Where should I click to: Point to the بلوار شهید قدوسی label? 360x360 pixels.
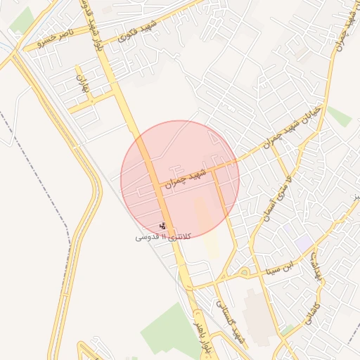(89, 20)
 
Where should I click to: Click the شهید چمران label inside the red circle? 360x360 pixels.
(186, 176)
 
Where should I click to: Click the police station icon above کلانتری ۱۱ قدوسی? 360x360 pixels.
(163, 226)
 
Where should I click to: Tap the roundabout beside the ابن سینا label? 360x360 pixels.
(244, 271)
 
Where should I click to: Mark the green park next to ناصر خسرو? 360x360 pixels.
(23, 20)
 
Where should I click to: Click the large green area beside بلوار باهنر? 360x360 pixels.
(169, 330)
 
